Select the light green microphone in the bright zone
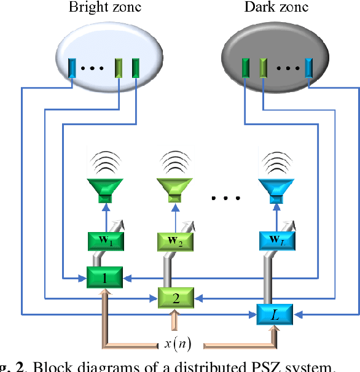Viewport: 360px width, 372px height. tap(119, 67)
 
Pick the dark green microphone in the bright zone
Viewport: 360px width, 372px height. tap(135, 67)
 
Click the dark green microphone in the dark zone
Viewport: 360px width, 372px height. tap(246, 67)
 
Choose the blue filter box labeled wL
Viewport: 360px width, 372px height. tap(275, 239)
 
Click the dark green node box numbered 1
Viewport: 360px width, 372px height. tap(104, 277)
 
